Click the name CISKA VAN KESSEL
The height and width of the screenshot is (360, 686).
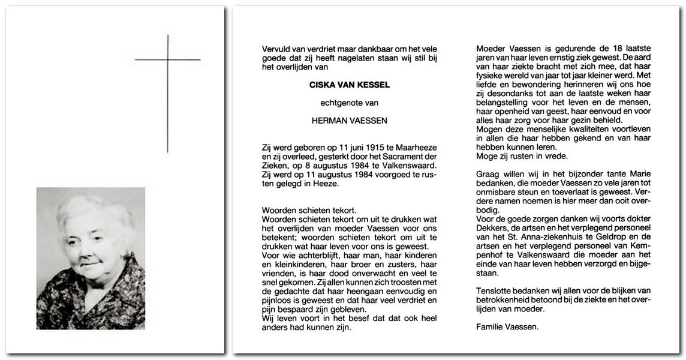point(350,86)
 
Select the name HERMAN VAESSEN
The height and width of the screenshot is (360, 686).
point(350,121)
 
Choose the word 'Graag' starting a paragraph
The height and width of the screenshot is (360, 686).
point(488,174)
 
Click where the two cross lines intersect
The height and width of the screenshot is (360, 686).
point(168,59)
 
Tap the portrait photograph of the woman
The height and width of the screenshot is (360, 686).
point(91,258)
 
